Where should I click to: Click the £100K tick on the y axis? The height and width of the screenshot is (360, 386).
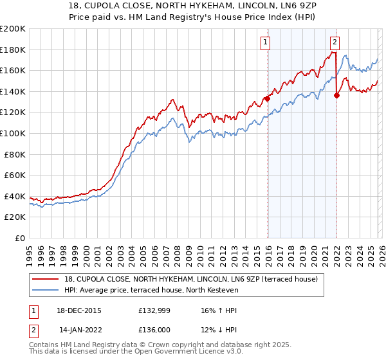(13, 133)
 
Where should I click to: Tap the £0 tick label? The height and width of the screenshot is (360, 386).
(21, 238)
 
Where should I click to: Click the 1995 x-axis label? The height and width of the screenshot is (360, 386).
(30, 251)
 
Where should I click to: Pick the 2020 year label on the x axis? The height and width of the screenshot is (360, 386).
(313, 251)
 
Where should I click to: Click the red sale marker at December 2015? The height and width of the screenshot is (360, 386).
(267, 99)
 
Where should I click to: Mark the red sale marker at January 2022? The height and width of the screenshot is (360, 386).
(336, 96)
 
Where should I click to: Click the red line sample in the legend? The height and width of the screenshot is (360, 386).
(46, 279)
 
